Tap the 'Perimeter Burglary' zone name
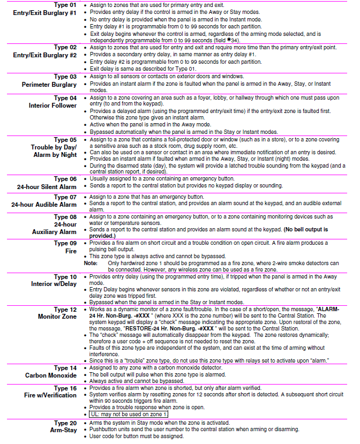click(49, 85)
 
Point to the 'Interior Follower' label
click(53, 106)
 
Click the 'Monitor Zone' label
click(57, 317)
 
